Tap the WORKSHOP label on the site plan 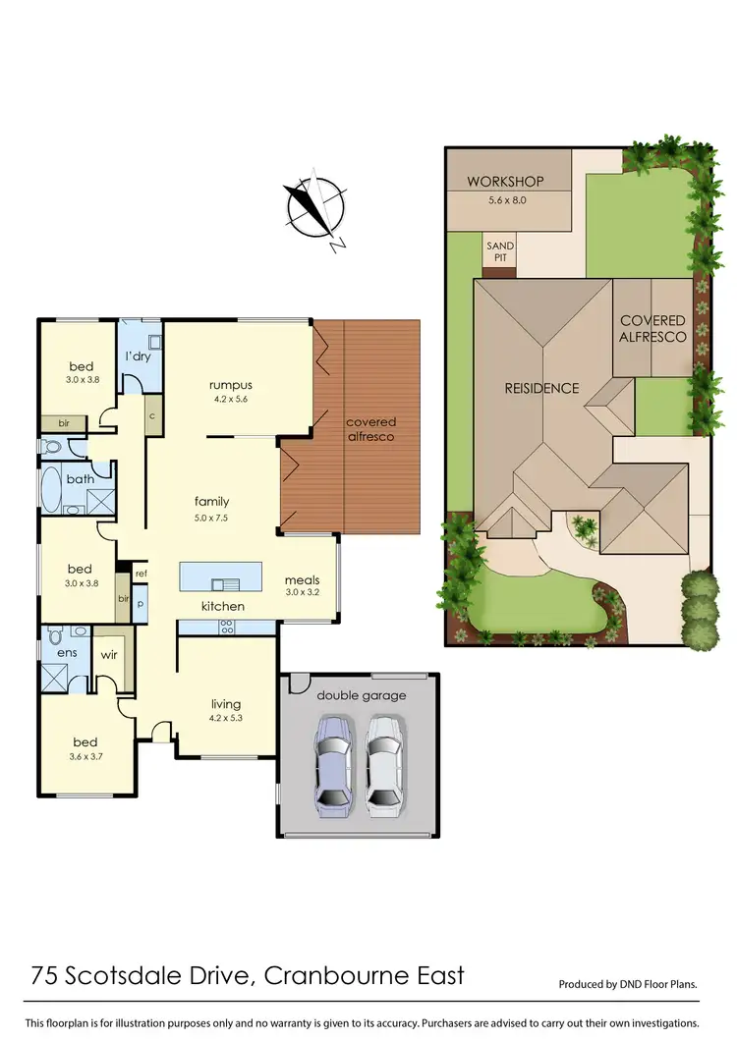coord(505,182)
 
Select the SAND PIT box coord(499,252)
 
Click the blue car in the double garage coord(332,766)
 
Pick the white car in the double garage coord(384,766)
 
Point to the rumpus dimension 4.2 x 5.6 coord(231,400)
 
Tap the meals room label coord(302,579)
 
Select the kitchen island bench coord(221,576)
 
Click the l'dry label coord(137,356)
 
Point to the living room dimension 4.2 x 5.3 coord(226,718)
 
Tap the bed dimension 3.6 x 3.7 coord(85,756)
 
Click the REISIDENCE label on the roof coord(541,388)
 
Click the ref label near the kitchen coord(141,574)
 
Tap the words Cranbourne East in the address coord(374,976)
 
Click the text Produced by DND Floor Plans coord(627,983)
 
